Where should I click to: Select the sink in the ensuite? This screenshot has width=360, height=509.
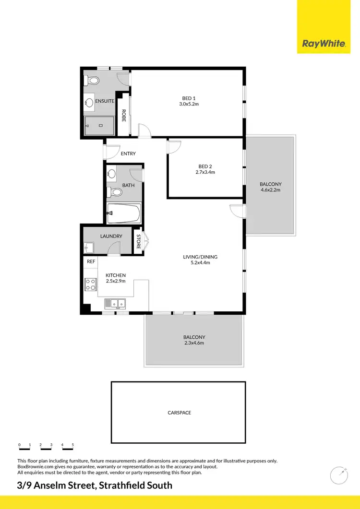pos(89,102)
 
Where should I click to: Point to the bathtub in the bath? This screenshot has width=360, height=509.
pos(124,213)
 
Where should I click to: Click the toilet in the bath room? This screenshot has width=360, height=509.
pos(115,192)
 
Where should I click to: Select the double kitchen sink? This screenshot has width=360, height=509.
pos(115,303)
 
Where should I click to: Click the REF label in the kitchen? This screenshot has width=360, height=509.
pos(90,262)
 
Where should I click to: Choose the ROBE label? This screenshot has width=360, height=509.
pos(124,116)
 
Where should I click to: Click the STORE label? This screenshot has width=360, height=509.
pos(138,241)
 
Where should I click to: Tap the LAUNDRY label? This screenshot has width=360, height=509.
pos(111,236)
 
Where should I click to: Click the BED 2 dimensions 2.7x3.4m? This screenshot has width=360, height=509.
pos(207,172)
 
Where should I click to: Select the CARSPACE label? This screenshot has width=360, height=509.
pos(180,413)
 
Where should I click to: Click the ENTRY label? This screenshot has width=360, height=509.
pos(128,154)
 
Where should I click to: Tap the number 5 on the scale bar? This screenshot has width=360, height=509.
pos(73,445)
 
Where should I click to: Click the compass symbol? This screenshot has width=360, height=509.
pos(339,475)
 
